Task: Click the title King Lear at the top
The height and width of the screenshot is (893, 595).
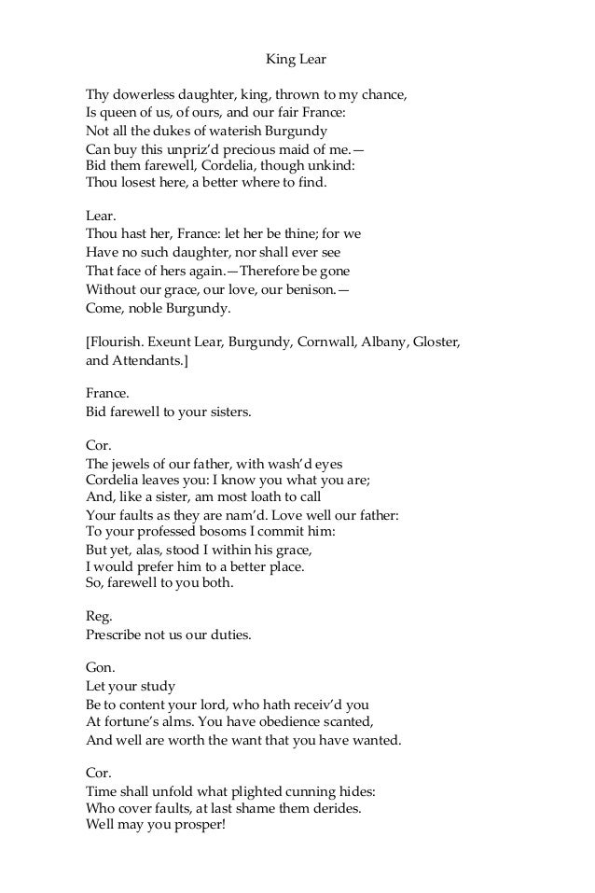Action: pos(297,62)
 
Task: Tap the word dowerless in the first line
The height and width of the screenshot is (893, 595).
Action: pos(145,95)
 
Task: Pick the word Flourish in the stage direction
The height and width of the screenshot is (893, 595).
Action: pos(118,342)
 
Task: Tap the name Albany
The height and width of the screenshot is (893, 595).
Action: pos(384,342)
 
